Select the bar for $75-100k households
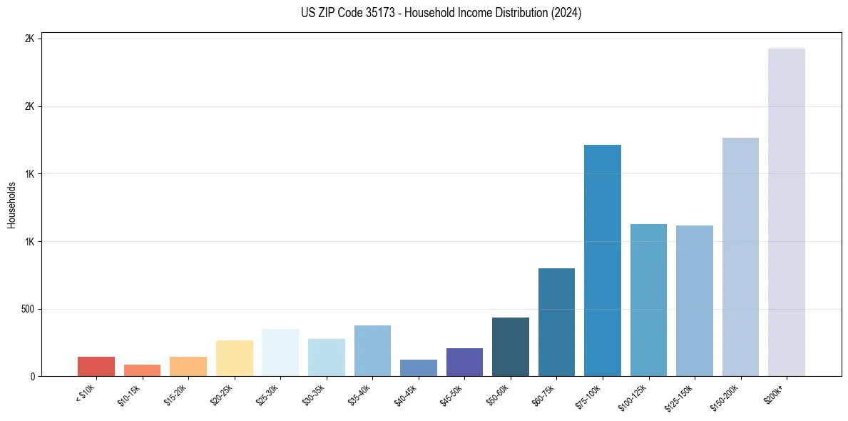(x=602, y=260)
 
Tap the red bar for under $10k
(x=96, y=366)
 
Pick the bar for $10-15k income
(x=142, y=370)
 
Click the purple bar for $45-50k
(x=464, y=362)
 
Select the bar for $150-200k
(x=740, y=257)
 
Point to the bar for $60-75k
(x=556, y=322)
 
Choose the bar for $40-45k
(x=418, y=367)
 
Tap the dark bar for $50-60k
(x=510, y=347)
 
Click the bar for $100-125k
(x=648, y=300)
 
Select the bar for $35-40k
(x=372, y=350)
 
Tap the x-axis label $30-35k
(x=315, y=396)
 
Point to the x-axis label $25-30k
(x=269, y=396)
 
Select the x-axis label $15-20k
(x=177, y=396)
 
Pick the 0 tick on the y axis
(x=31, y=376)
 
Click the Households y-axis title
(x=12, y=205)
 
